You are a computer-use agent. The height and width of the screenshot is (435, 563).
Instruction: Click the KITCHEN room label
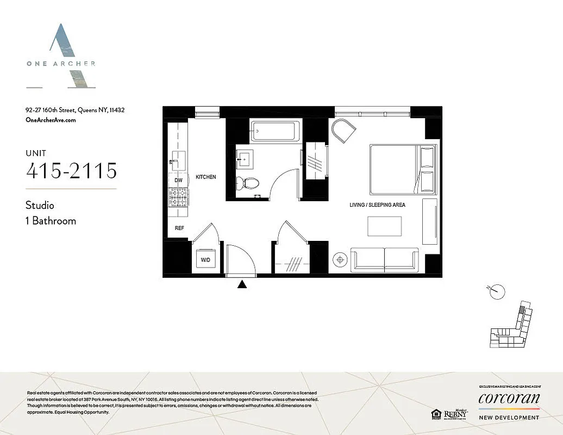click(206, 177)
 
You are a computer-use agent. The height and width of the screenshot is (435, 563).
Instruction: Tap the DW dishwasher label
click(178, 180)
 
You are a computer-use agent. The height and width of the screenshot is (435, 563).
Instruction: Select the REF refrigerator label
click(179, 228)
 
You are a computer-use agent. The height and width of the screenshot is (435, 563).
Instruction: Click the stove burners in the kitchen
click(178, 197)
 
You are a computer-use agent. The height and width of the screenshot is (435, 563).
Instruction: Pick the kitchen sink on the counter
click(178, 159)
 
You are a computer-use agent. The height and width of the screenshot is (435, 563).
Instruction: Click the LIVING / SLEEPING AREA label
click(377, 205)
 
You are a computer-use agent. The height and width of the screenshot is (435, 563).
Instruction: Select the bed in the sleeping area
click(402, 169)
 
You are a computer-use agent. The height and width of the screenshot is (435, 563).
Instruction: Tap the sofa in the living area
click(385, 259)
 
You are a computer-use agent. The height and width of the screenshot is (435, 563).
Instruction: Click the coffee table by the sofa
click(385, 226)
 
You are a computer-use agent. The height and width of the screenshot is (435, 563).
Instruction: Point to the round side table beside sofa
click(340, 259)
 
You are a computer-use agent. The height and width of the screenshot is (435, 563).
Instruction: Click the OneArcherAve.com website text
click(51, 120)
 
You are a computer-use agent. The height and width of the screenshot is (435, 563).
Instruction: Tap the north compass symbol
click(496, 291)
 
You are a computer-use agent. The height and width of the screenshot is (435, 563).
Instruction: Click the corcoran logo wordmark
click(509, 399)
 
